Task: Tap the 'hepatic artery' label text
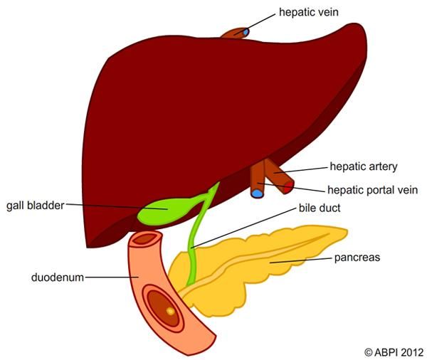(x=363, y=166)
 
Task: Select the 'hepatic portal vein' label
(x=371, y=190)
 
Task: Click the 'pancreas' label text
(x=357, y=258)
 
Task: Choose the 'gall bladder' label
(x=35, y=206)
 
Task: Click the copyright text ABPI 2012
(x=393, y=351)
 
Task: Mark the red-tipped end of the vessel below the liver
(x=288, y=188)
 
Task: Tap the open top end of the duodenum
(x=146, y=240)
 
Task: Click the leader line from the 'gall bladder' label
(x=114, y=207)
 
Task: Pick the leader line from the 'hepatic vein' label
(x=263, y=21)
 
